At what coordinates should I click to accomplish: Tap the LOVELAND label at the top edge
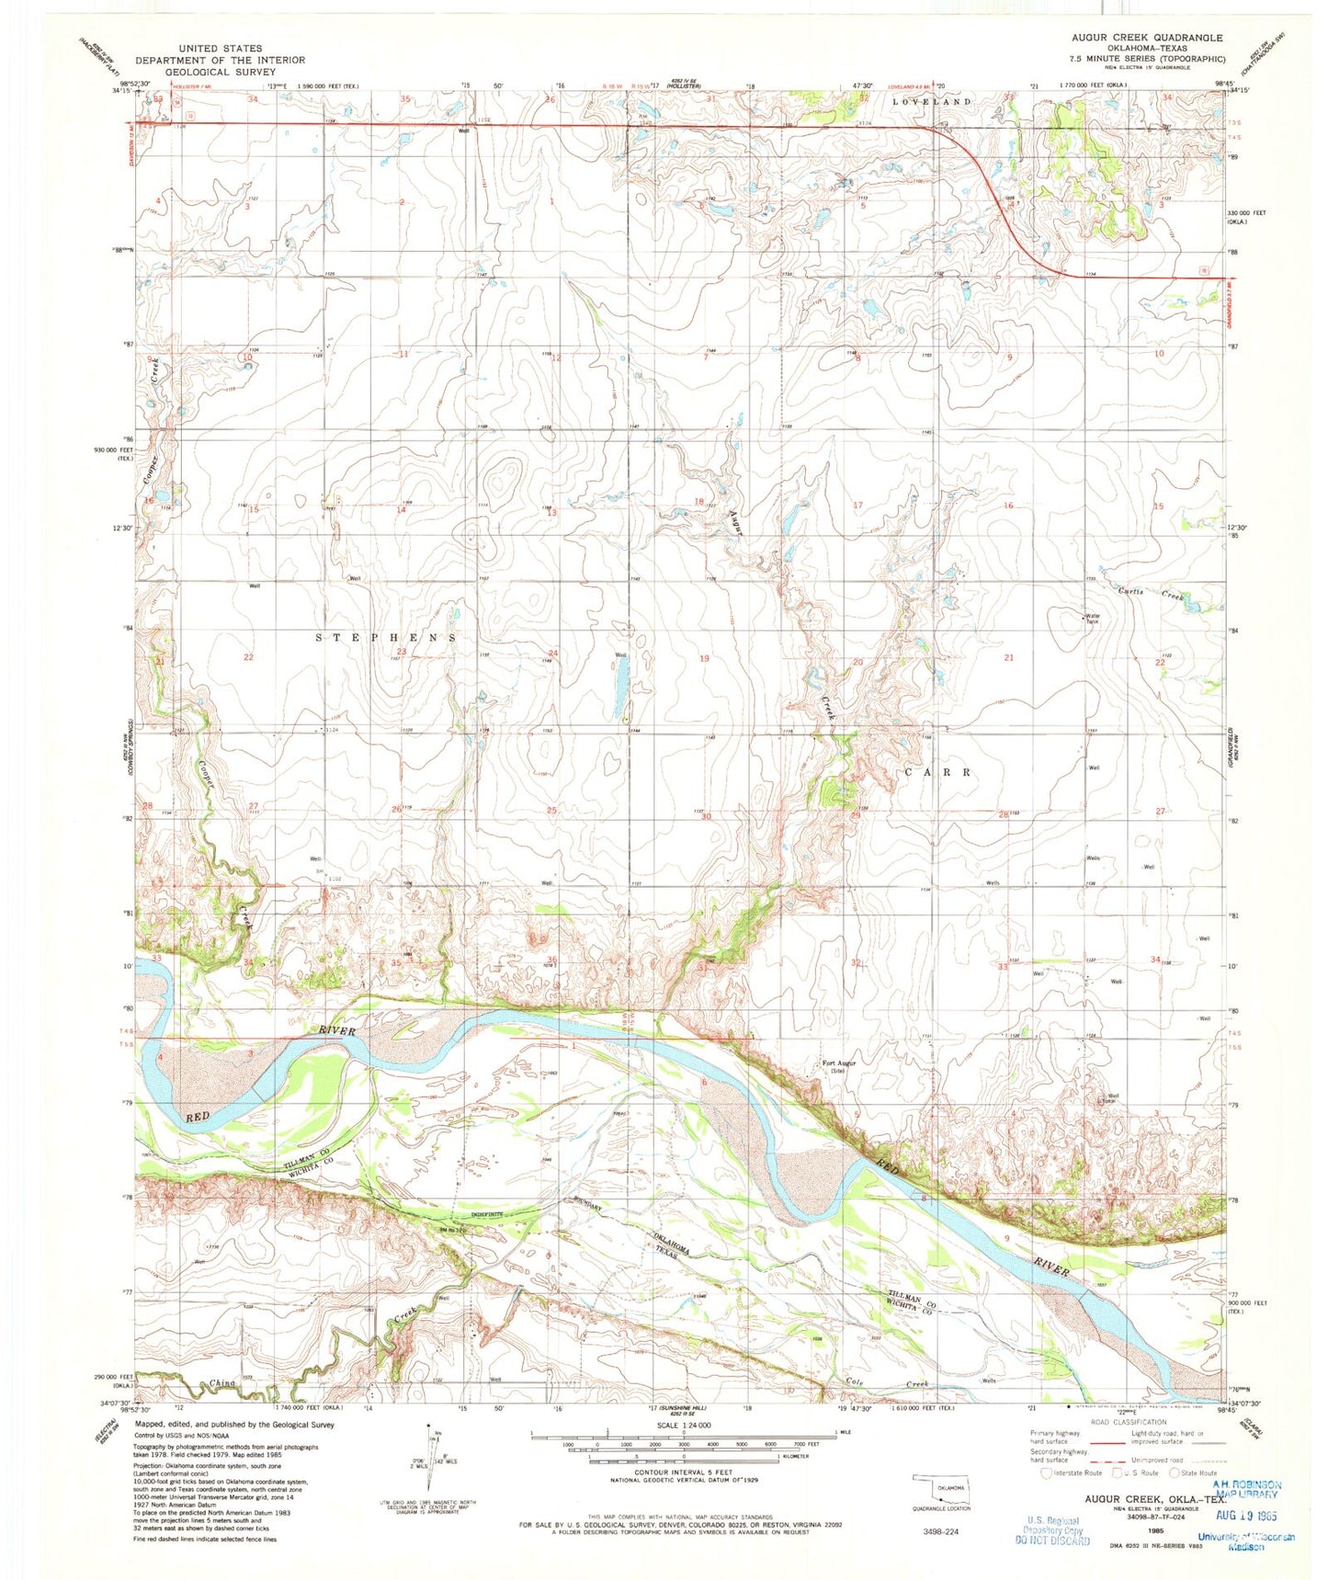pyautogui.click(x=932, y=101)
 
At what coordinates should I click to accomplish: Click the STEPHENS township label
pyautogui.click(x=386, y=637)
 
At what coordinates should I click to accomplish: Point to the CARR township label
pyautogui.click(x=938, y=773)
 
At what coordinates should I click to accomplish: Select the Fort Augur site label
pyautogui.click(x=837, y=1067)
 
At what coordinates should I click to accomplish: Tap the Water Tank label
pyautogui.click(x=1092, y=619)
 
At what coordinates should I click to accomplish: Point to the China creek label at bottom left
pyautogui.click(x=222, y=1382)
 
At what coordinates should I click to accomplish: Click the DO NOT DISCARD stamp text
pyautogui.click(x=1051, y=1540)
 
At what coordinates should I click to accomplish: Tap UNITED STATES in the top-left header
pyautogui.click(x=220, y=48)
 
